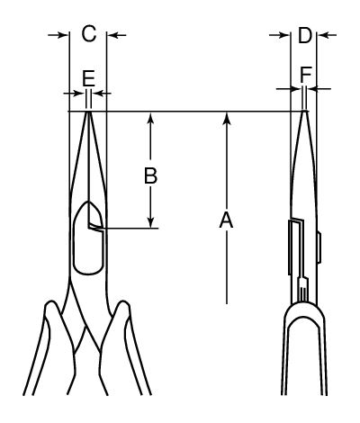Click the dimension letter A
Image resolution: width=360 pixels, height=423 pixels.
coord(226,220)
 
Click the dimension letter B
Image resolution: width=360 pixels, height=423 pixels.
coord(150,175)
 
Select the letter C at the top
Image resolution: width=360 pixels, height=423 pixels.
coord(89,33)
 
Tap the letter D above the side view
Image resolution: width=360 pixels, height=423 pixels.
coord(305,35)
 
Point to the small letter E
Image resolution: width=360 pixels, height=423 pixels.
coord(89,78)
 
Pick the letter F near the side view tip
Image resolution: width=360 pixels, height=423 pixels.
coord(306,75)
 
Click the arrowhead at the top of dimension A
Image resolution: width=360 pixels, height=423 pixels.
coord(227,118)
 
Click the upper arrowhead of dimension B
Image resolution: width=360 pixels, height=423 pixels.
coord(151,118)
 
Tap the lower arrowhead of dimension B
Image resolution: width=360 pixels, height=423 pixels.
coord(151,222)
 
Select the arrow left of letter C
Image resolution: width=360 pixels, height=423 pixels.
coord(58,35)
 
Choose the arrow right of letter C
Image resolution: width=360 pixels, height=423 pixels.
coord(117,35)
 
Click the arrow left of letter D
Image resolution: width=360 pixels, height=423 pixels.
coord(280,35)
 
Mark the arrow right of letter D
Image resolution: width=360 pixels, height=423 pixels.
coord(327,35)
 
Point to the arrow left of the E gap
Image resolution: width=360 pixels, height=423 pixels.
coord(74,94)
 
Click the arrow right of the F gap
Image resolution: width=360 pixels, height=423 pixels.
coord(319,89)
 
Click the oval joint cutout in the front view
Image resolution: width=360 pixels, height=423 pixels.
coord(88,238)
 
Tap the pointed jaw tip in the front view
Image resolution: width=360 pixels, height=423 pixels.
coord(88,112)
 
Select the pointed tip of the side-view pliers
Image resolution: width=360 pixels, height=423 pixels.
coord(304,112)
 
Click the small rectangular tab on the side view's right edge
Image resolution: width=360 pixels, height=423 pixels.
coord(319,247)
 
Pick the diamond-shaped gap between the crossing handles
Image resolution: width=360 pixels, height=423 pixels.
coord(87,339)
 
